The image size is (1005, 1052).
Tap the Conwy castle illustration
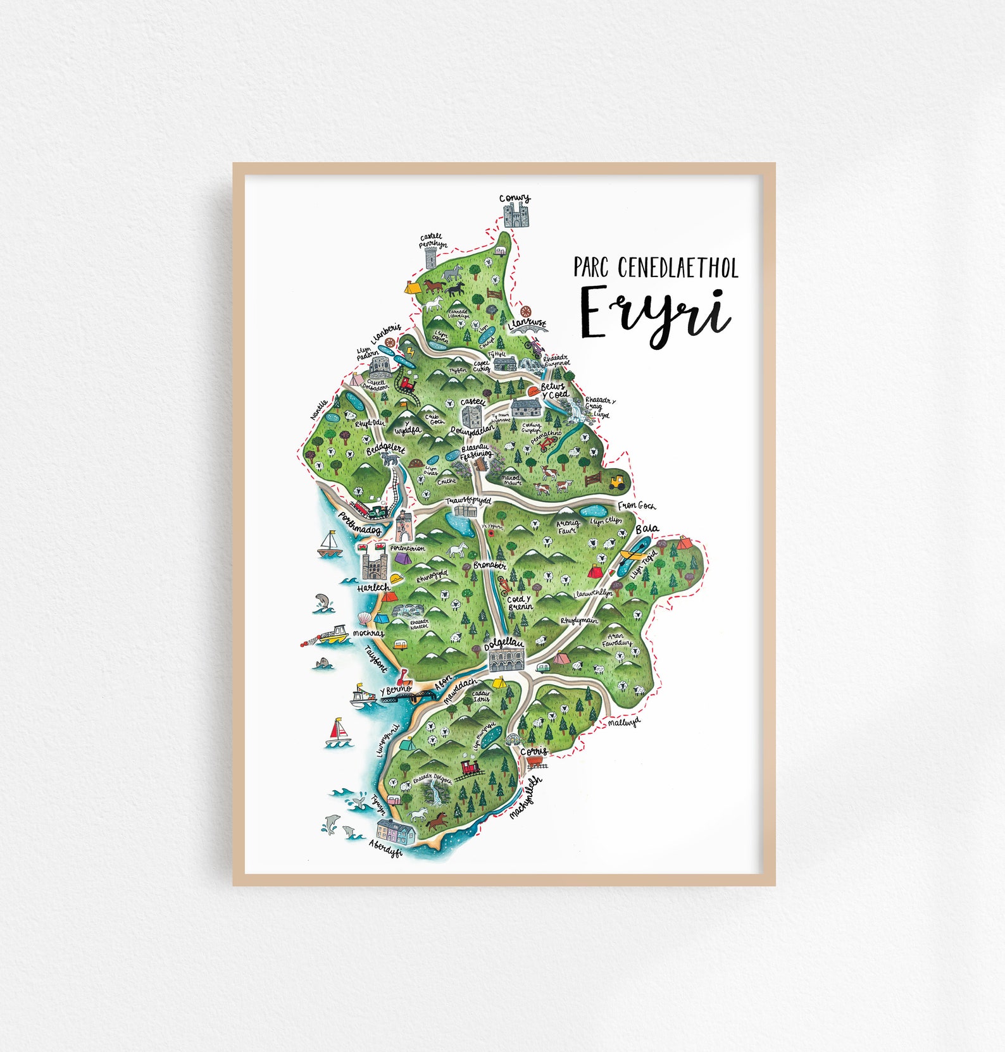(x=516, y=215)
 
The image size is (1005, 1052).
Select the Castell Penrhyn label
(x=433, y=241)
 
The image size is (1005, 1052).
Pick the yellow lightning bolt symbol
(x=411, y=351)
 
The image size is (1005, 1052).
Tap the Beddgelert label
(x=385, y=449)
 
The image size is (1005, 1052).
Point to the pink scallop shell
(x=363, y=618)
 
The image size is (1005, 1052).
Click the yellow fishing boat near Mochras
(x=334, y=635)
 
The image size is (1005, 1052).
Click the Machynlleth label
(x=525, y=798)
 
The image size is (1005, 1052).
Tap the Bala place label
(x=647, y=528)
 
